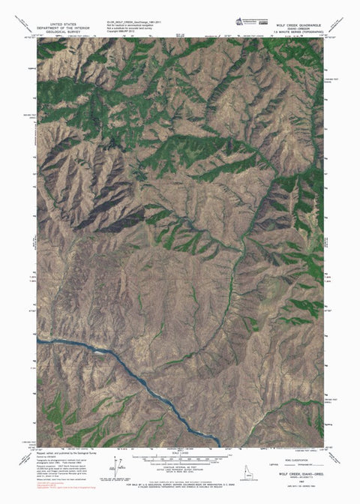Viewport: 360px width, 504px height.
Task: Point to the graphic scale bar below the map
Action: tap(180, 455)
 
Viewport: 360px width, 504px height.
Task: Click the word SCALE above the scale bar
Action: tap(180, 451)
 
